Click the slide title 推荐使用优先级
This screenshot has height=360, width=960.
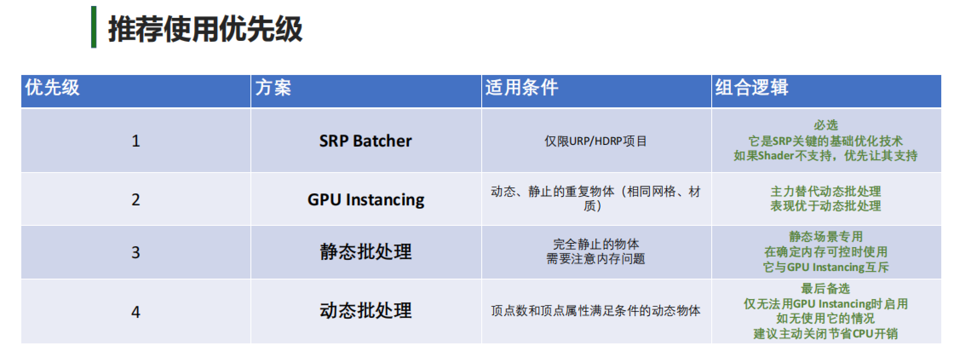(x=205, y=29)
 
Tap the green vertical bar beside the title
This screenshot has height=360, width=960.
(x=94, y=27)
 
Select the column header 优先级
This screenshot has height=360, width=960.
(x=52, y=88)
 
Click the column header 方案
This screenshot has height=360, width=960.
(x=273, y=88)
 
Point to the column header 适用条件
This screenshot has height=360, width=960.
(x=522, y=88)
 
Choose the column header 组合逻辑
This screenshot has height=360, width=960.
(x=752, y=88)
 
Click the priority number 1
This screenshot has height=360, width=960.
(x=136, y=141)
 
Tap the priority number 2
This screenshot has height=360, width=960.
(x=136, y=199)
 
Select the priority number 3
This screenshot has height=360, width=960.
(x=136, y=253)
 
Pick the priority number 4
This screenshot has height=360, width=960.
(x=136, y=312)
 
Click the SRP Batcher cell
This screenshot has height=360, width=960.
(x=366, y=141)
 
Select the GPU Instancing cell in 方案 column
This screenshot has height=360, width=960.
(x=366, y=200)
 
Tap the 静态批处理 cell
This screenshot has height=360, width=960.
(x=366, y=252)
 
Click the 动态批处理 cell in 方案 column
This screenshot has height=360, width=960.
(x=366, y=311)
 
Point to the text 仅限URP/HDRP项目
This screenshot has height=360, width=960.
(x=596, y=141)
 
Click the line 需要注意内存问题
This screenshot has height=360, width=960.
(x=596, y=259)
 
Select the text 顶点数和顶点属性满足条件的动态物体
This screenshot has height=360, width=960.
(x=596, y=311)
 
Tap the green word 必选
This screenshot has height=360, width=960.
(x=826, y=125)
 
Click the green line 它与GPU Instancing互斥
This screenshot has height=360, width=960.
(x=826, y=267)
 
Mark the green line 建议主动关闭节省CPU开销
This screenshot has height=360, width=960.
(x=826, y=334)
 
